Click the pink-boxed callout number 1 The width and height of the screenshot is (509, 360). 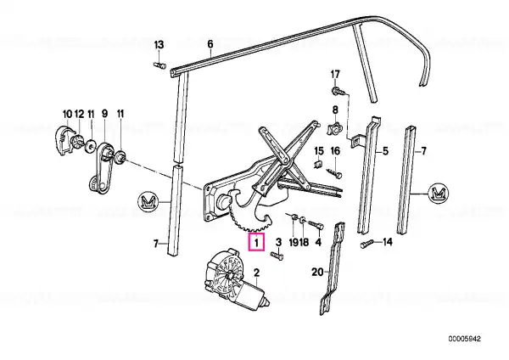click(257, 242)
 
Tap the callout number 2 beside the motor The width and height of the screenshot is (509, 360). click(256, 273)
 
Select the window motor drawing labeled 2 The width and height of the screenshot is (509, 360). click(236, 279)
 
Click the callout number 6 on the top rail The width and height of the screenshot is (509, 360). click(210, 44)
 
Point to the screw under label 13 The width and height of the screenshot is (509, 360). click(159, 65)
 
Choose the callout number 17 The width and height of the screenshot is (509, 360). click(335, 75)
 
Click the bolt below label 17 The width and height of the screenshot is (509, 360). click(338, 91)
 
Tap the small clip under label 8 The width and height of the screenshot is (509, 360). click(334, 129)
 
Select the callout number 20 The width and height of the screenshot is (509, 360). click(317, 272)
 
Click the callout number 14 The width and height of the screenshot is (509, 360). click(388, 242)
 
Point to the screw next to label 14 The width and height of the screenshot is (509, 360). click(366, 244)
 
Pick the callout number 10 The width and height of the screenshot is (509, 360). click(67, 114)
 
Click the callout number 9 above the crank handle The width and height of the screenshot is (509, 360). click(104, 114)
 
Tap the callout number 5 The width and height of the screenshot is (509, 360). click(385, 151)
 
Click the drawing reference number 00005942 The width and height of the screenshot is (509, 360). click(465, 339)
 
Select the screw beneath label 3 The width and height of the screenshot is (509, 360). click(277, 256)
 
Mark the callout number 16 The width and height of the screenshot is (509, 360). click(335, 151)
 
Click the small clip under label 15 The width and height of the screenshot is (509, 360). click(318, 164)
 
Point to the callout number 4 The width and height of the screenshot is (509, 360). click(318, 242)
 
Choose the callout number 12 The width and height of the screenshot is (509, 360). click(79, 114)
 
